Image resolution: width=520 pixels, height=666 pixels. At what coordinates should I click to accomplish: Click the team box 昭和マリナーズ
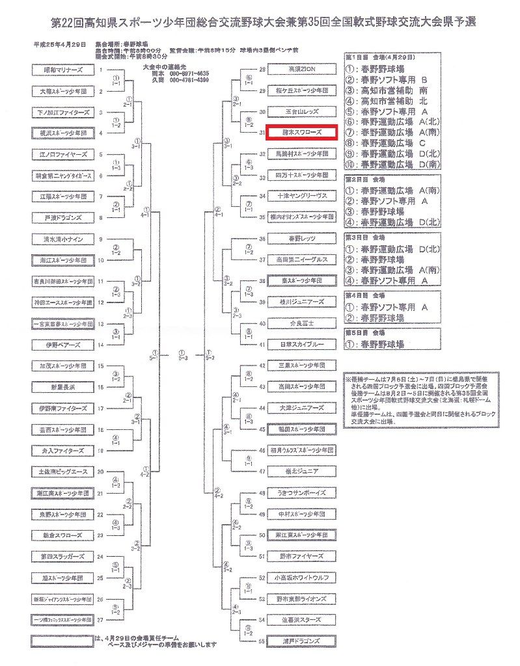coord(63,70)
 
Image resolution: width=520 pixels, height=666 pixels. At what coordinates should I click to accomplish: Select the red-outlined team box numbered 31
coord(301,133)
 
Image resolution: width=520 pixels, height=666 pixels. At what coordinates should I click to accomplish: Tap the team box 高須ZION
coord(301,69)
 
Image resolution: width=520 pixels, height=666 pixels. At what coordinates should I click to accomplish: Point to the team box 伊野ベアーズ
coord(63,344)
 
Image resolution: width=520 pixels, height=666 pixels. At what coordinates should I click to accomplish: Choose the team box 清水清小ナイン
coord(63,239)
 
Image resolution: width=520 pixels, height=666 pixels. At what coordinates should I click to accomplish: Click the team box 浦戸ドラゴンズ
coord(301,641)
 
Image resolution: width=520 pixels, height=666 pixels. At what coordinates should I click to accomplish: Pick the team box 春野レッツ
coord(301,239)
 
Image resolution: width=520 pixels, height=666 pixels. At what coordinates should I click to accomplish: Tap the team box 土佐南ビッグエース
coord(63,472)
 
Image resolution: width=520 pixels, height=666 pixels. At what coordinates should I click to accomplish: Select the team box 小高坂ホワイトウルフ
coord(301,578)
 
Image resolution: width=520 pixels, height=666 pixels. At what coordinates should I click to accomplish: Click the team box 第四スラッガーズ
coord(63,556)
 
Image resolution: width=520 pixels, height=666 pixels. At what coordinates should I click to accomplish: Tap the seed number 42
coord(263,366)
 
